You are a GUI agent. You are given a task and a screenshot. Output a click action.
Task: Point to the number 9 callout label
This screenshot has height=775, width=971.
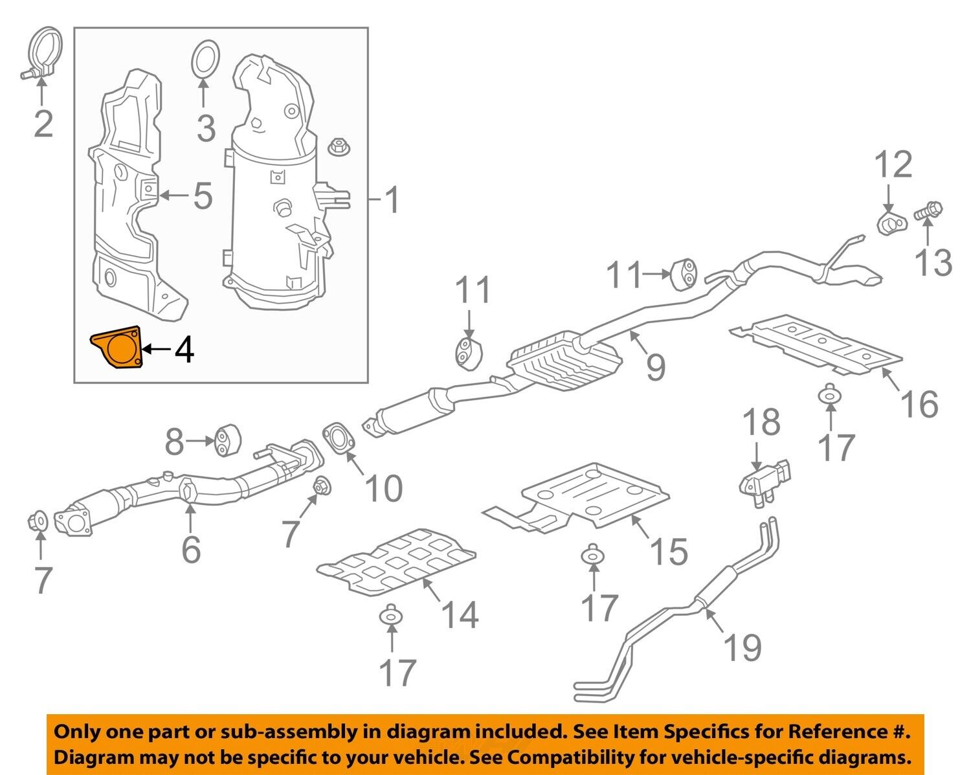coord(655,366)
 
